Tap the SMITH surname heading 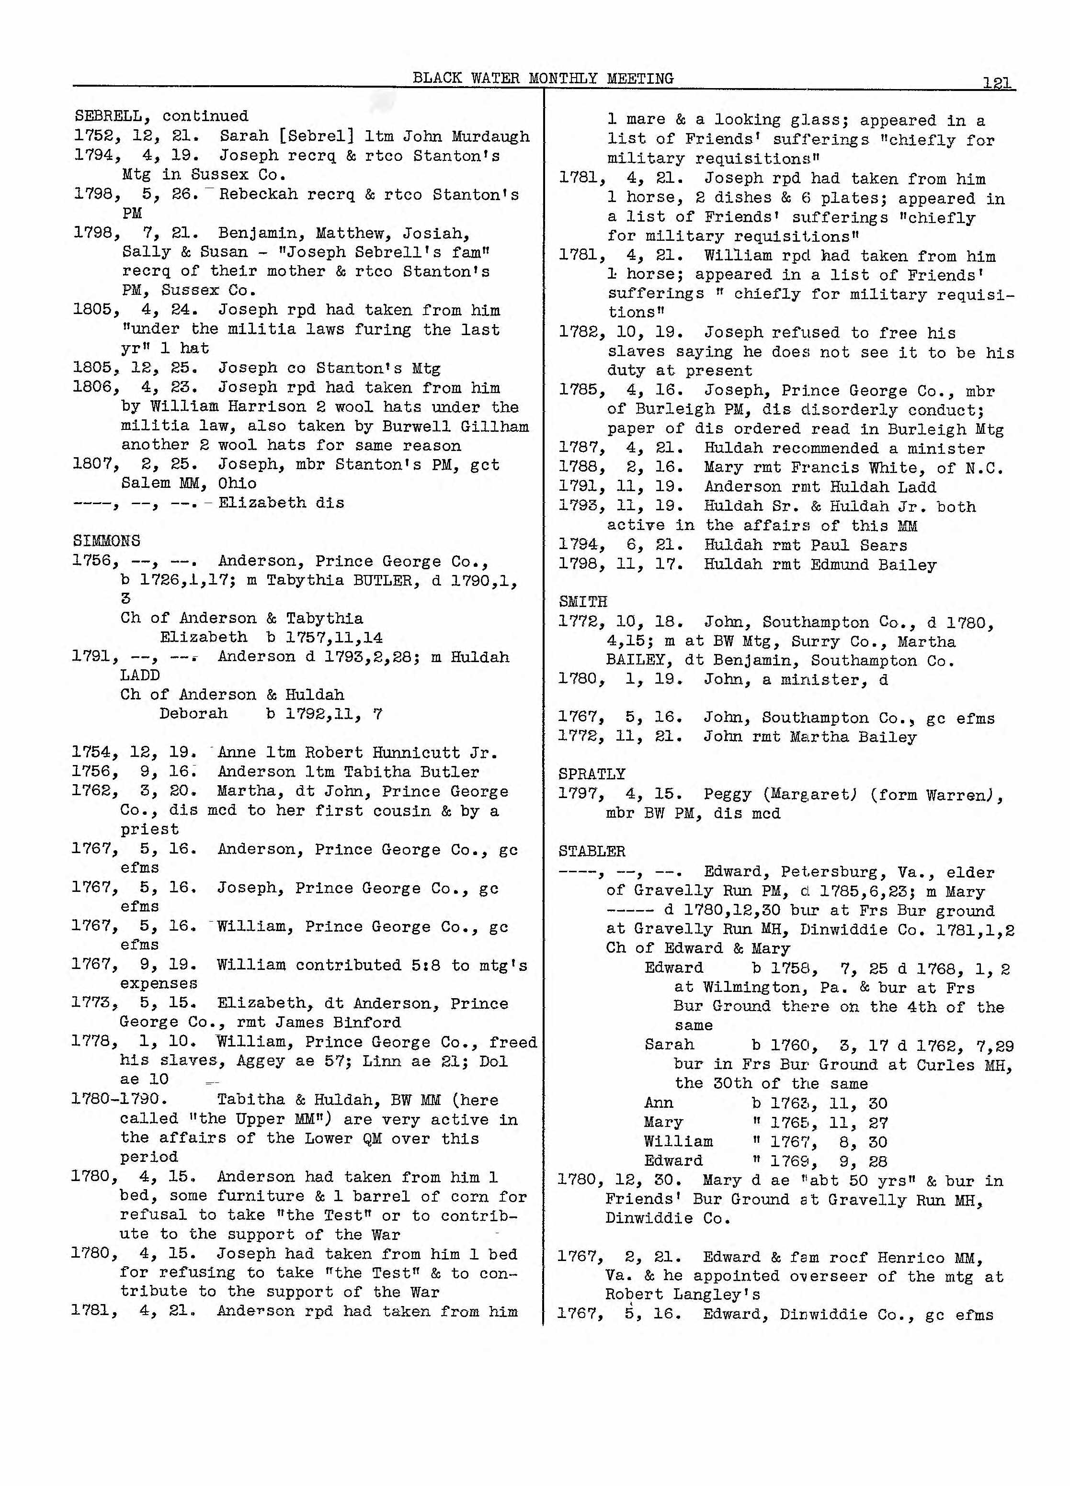(583, 601)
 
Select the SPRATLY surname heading (592, 774)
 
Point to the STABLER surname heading (592, 851)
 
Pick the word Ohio (238, 484)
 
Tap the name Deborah (194, 713)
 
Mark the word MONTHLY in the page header (563, 79)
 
